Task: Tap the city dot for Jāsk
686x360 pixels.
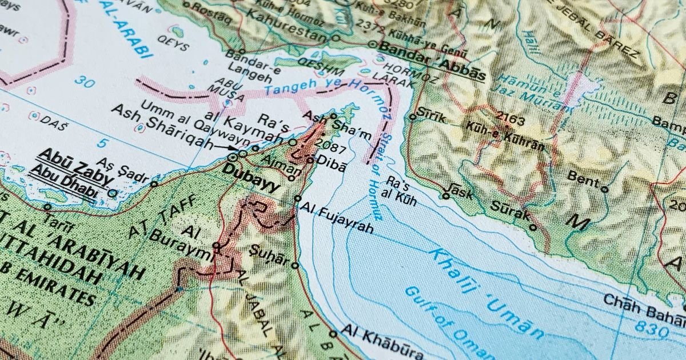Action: pyautogui.click(x=446, y=196)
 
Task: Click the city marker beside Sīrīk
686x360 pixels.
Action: pyautogui.click(x=413, y=117)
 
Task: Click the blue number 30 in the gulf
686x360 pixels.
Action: pyautogui.click(x=84, y=82)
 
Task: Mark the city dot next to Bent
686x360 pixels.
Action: pyautogui.click(x=604, y=189)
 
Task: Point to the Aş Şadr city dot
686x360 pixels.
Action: pyautogui.click(x=154, y=184)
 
